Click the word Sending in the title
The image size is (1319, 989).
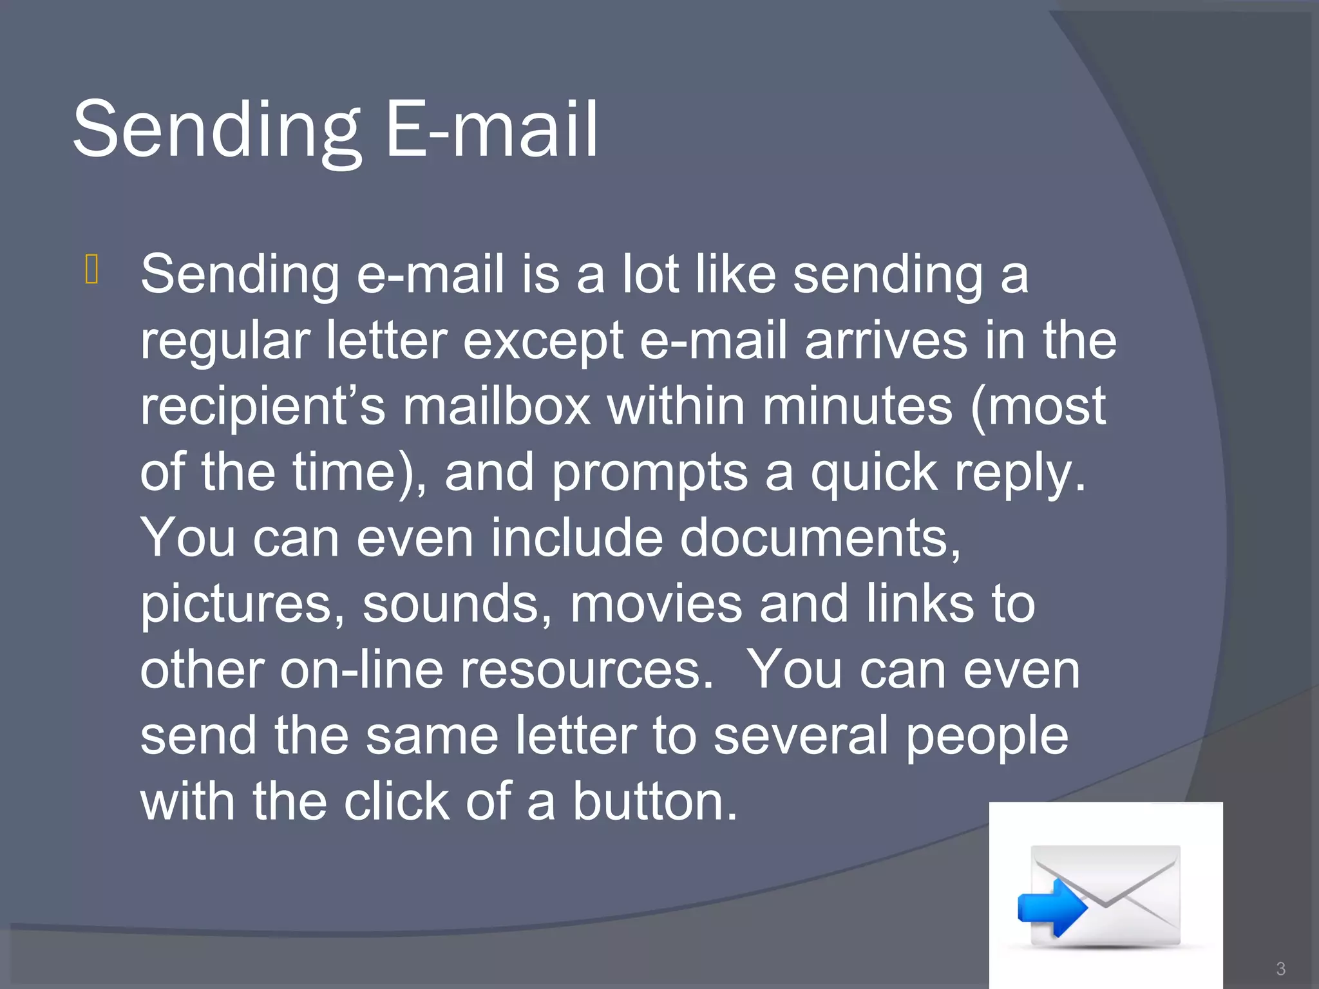pos(216,130)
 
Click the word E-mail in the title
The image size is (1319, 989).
pos(492,130)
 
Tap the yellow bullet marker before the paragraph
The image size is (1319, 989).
pos(91,269)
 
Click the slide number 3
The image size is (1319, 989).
pos(1280,968)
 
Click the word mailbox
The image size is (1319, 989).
pos(497,408)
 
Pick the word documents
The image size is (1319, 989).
pos(821,538)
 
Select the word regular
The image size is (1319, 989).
pos(225,342)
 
